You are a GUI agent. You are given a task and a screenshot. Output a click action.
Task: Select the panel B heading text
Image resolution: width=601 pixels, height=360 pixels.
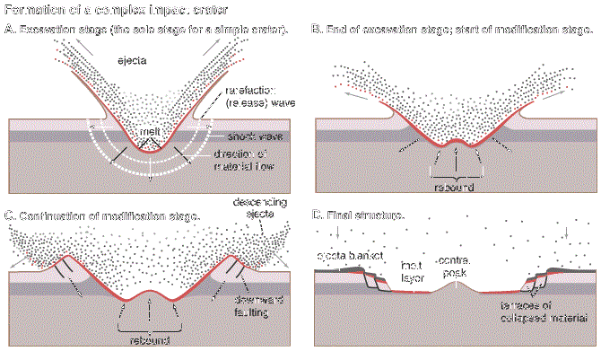click(450, 31)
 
